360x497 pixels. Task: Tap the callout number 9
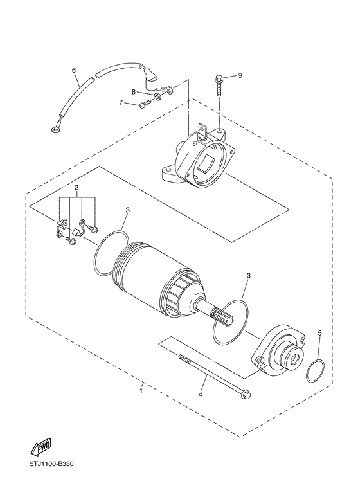240,75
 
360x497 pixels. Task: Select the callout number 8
134,92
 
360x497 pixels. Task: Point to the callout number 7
120,102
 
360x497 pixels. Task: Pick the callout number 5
319,333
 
